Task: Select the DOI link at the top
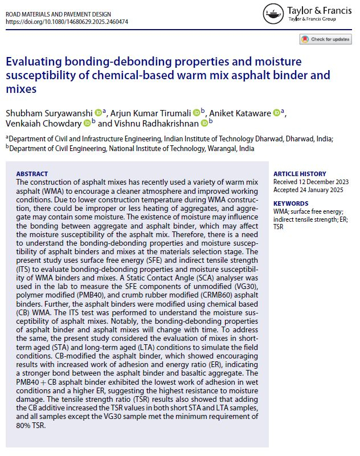[67, 21]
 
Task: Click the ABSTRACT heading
[32, 173]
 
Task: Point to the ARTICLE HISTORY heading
[300, 174]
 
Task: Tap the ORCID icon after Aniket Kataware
[277, 112]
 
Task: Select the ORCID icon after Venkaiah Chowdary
[87, 123]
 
